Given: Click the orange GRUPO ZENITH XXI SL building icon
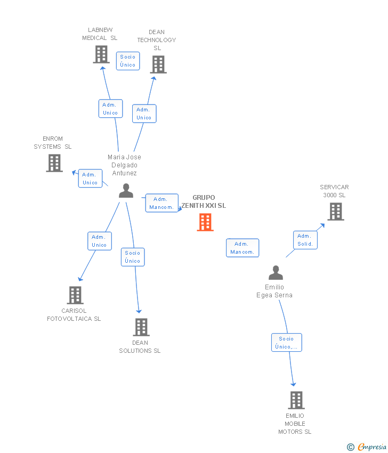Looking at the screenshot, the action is coord(205,222).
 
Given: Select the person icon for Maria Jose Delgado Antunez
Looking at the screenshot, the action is coord(126,191).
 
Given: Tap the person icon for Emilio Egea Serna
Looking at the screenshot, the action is coord(276,273).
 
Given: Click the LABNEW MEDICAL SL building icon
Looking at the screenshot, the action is coord(101,54).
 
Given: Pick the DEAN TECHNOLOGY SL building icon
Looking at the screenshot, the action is coord(158,64).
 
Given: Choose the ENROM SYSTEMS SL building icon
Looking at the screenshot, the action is coord(54,163).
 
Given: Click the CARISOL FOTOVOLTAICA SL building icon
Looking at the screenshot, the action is coord(75,295).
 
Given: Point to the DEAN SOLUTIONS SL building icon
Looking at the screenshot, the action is coord(141,327).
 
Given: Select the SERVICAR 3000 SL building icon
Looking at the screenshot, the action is coord(336,212).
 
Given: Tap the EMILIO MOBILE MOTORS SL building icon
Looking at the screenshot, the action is coord(296,400).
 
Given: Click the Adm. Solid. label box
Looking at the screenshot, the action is coord(305,240).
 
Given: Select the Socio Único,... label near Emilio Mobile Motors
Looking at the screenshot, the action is coord(286,342).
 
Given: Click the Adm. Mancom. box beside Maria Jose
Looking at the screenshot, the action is coord(162,203).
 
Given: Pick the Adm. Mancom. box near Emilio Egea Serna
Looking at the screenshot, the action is coord(242,248).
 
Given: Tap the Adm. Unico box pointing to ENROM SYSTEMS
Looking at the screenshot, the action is coord(90,178).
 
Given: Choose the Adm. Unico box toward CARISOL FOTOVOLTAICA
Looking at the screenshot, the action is coord(99,241).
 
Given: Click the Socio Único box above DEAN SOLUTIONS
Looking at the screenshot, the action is coord(133,257).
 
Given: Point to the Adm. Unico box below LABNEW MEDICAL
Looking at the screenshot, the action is coord(110,109).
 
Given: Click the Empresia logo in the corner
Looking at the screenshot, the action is coord(367,447).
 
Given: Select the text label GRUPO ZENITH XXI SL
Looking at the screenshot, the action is coord(204,201).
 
